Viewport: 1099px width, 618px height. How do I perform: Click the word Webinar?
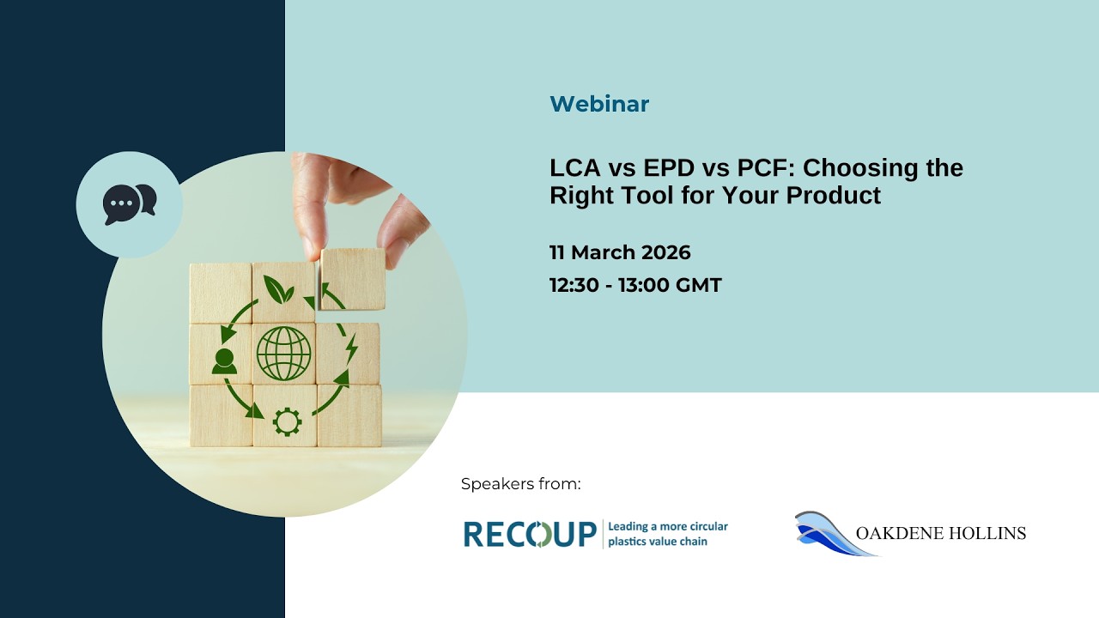tap(598, 104)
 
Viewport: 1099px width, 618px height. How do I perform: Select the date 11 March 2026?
tap(620, 252)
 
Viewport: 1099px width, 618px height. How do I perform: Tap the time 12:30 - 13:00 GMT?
tap(635, 285)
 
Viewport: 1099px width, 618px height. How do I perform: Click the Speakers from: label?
tap(520, 484)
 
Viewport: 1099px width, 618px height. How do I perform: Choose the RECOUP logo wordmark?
tap(530, 534)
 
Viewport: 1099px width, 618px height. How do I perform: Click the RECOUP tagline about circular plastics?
tap(667, 534)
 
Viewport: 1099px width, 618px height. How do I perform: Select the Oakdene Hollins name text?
tap(940, 534)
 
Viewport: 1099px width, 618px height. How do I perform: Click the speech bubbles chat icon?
tap(129, 204)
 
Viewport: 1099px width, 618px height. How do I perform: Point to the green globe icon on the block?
tap(283, 353)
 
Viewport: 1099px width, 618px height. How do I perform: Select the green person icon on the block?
tap(224, 360)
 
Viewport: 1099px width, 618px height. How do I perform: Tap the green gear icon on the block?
tap(286, 421)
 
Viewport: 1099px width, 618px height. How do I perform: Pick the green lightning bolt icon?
tap(350, 348)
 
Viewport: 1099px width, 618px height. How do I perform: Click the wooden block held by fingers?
tap(353, 280)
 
